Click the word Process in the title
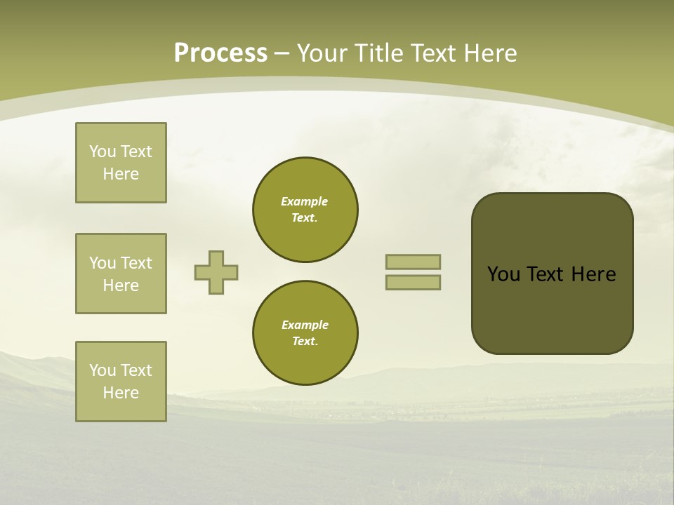pos(220,53)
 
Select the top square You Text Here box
pos(121,163)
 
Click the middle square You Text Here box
pos(121,274)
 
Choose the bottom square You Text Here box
pos(121,382)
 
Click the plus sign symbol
pos(216,272)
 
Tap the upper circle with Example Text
pos(305,210)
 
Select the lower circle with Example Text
pos(305,333)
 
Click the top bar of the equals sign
pos(413,262)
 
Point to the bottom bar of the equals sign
pos(413,282)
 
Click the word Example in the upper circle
pos(305,201)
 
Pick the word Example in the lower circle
pos(305,325)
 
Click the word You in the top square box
pos(102,151)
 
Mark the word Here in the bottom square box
pos(121,393)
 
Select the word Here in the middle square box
pos(121,285)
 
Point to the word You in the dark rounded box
pos(503,274)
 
